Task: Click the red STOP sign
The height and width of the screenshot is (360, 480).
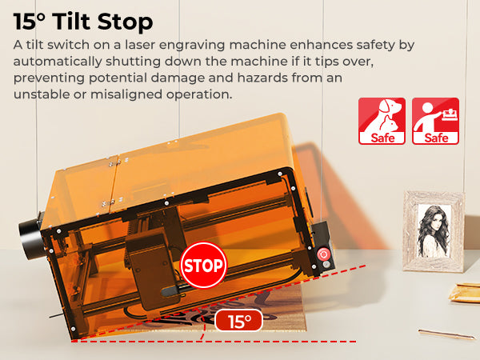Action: (203, 265)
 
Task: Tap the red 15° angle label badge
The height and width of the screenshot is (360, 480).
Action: (239, 321)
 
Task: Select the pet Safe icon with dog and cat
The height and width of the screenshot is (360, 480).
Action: (382, 121)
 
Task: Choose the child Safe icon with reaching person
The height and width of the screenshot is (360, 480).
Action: (435, 121)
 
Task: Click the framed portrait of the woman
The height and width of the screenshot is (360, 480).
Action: (434, 231)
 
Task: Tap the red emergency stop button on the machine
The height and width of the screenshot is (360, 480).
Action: (322, 254)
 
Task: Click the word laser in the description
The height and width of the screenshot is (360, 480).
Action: (139, 45)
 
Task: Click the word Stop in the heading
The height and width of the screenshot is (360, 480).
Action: (126, 22)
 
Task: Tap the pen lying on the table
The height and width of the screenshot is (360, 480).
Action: (447, 334)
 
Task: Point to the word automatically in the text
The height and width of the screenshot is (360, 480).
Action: (58, 62)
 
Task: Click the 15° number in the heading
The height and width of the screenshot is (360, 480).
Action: (29, 22)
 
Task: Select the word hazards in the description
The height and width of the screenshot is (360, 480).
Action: (262, 78)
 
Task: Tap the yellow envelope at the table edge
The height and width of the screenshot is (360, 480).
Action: (465, 293)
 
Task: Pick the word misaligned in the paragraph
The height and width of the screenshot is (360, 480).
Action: (126, 94)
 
